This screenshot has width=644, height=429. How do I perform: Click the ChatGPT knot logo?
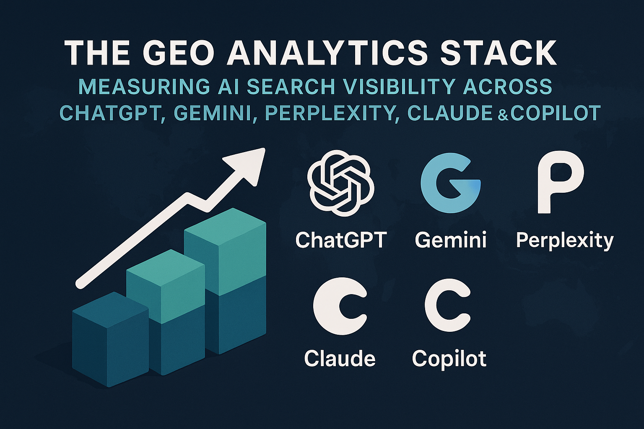point(341,183)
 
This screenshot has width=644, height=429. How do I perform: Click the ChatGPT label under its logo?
point(341,240)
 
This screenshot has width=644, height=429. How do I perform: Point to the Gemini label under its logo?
point(451,240)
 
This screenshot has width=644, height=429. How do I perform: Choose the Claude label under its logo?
point(340,358)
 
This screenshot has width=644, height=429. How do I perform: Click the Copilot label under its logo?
point(449,359)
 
